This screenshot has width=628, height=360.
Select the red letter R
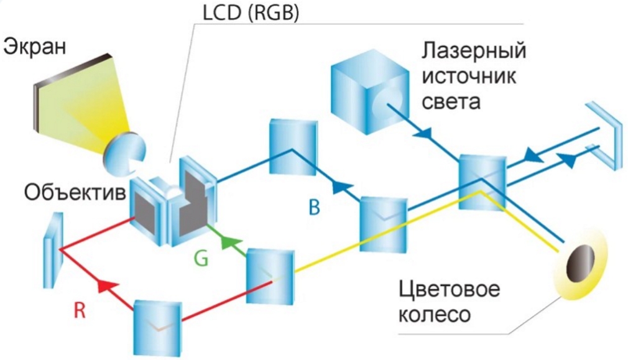[79, 310]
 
